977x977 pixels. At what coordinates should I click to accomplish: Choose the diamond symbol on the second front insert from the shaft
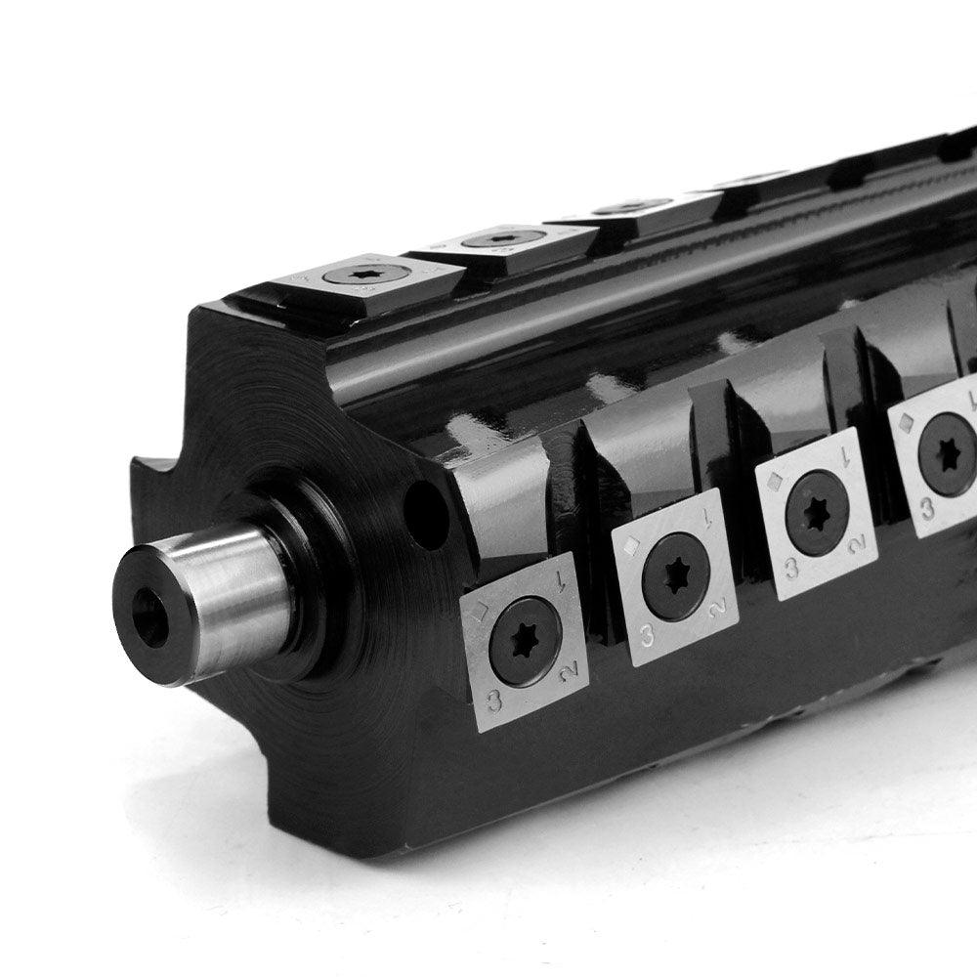tap(632, 546)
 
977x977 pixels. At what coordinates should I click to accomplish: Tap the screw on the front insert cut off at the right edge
tap(948, 454)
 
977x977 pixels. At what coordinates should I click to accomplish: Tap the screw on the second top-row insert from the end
tap(500, 237)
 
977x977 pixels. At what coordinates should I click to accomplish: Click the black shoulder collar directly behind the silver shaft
tap(313, 586)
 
